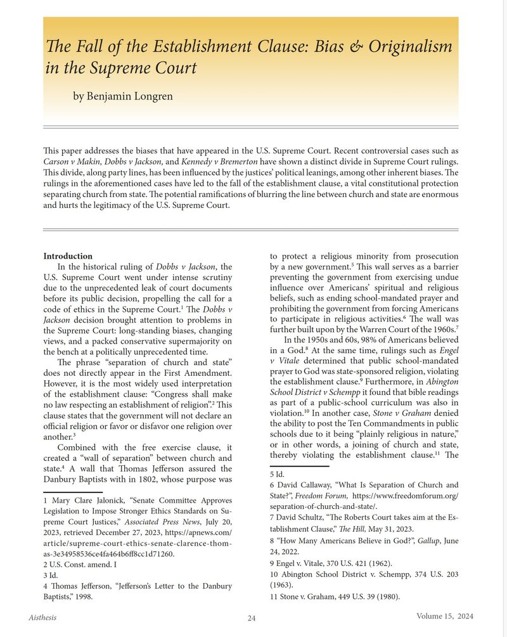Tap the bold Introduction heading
(68, 256)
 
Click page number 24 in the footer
(252, 619)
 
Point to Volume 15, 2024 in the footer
(445, 616)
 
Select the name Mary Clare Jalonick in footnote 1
(82, 500)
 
